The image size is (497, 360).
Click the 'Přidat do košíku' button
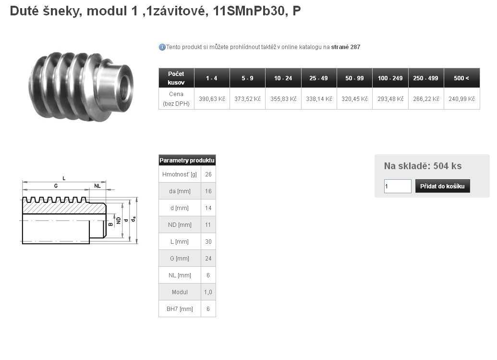coord(442,186)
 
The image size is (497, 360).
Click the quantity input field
coord(398,186)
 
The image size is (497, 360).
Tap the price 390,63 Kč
coord(212,99)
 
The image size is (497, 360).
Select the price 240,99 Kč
coord(461,99)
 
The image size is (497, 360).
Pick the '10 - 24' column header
coord(283,78)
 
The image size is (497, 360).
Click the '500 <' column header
coord(461,78)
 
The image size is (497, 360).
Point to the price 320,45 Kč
coord(354,99)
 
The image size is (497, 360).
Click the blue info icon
coord(162,47)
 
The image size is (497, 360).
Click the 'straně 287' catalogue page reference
coord(345,47)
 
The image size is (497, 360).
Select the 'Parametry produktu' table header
coord(187,160)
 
